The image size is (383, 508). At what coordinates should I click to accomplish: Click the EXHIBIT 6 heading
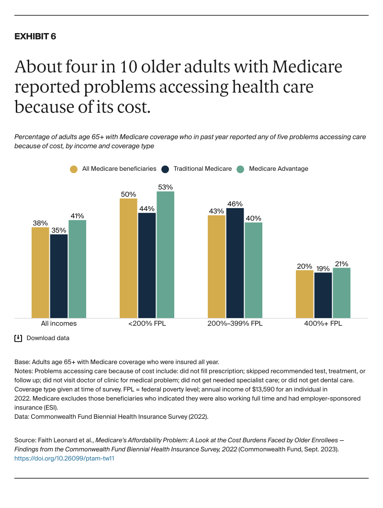pyautogui.click(x=35, y=37)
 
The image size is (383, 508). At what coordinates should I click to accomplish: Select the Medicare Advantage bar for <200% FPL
pyautogui.click(x=165, y=254)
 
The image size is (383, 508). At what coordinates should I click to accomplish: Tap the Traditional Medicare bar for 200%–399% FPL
pyautogui.click(x=235, y=262)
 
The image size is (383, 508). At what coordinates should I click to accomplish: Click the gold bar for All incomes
pyautogui.click(x=40, y=272)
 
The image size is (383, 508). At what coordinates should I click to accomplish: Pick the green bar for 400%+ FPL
pyautogui.click(x=341, y=293)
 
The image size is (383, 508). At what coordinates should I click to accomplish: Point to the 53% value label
pyautogui.click(x=165, y=187)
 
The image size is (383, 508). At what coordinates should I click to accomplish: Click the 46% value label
pyautogui.click(x=235, y=203)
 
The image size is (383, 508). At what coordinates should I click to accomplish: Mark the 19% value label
pyautogui.click(x=323, y=268)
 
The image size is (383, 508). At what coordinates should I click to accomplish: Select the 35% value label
pyautogui.click(x=59, y=230)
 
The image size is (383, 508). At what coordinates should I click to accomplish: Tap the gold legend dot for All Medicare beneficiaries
pyautogui.click(x=73, y=169)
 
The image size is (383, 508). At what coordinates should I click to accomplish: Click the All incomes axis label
pyautogui.click(x=59, y=324)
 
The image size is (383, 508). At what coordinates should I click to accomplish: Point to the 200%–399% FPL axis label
pyautogui.click(x=235, y=324)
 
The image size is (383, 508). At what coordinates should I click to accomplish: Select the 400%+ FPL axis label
pyautogui.click(x=323, y=324)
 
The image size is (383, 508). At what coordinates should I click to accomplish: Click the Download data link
pyautogui.click(x=48, y=338)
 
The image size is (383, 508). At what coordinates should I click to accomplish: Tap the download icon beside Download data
pyautogui.click(x=18, y=338)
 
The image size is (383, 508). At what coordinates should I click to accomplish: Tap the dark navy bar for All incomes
pyautogui.click(x=59, y=276)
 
